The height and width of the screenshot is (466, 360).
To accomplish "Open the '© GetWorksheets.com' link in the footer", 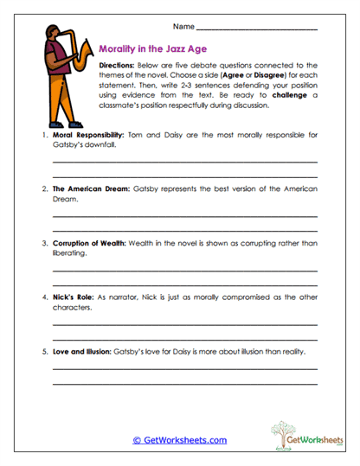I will [179, 440].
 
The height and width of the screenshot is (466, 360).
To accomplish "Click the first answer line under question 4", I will [184, 322].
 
